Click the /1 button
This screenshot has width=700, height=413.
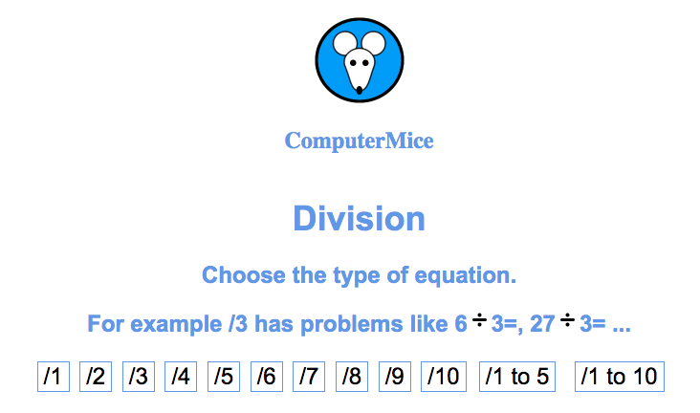(x=54, y=377)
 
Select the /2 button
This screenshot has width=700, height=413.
(x=96, y=377)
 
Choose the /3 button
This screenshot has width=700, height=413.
(x=139, y=377)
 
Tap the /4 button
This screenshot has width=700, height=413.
(x=181, y=377)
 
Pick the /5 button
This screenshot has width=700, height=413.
(x=224, y=377)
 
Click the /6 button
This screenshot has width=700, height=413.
(x=267, y=377)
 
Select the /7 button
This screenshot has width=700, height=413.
(x=309, y=377)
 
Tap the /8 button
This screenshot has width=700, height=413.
(x=352, y=377)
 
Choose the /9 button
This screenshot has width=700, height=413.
(x=395, y=377)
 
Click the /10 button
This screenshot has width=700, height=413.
(x=444, y=377)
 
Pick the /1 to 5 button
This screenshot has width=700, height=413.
(x=517, y=377)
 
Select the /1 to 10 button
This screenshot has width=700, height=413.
(x=620, y=377)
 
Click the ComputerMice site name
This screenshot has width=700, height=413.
(x=360, y=141)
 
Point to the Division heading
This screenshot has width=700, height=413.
(x=360, y=218)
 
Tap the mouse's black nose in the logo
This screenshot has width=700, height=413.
(x=360, y=91)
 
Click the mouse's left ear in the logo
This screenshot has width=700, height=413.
(x=343, y=43)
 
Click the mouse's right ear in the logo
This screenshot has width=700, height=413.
(x=374, y=43)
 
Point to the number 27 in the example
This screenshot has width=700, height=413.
(x=542, y=324)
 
